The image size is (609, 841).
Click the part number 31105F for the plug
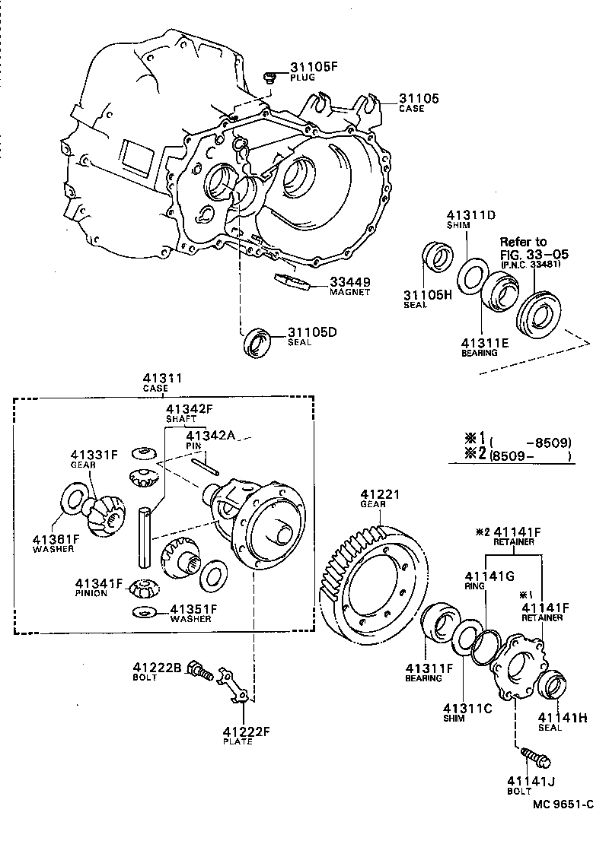312,67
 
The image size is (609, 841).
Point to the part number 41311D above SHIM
470,215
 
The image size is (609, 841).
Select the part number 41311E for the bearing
485,342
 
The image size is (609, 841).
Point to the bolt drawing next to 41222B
199,670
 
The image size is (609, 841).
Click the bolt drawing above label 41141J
537,757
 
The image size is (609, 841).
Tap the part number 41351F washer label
193,609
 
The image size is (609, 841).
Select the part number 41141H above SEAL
563,716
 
